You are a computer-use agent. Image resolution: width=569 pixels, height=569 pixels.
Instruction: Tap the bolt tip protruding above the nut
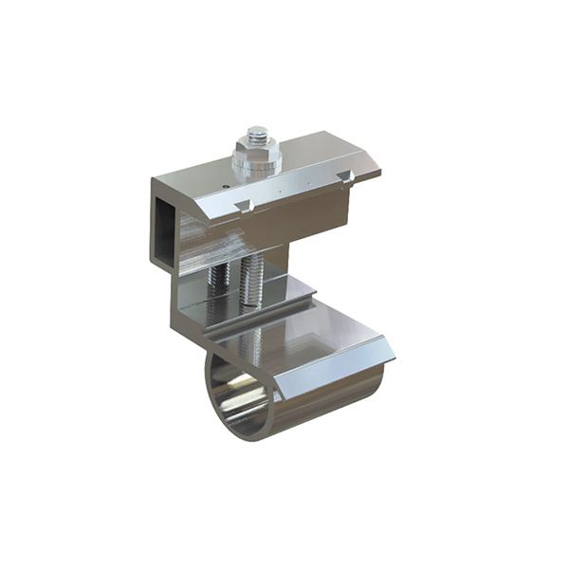[x=257, y=133]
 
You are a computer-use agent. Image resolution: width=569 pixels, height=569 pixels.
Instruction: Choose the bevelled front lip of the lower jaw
[x=332, y=375]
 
